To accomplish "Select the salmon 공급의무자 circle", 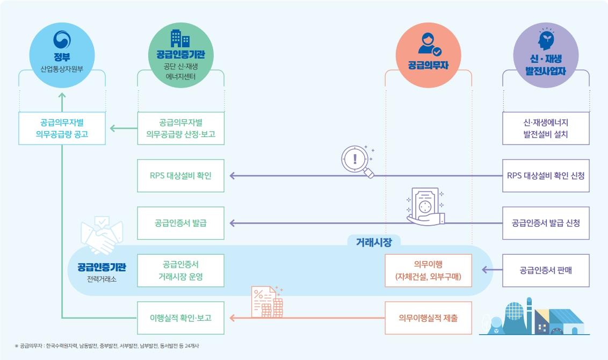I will point(428,56).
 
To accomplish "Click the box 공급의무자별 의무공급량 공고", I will point(62,128).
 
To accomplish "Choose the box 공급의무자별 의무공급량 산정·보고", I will point(180,128).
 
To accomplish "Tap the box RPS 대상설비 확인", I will point(180,175).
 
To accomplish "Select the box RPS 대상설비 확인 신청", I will point(546,175).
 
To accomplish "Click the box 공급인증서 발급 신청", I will point(546,222).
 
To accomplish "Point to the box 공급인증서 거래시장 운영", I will point(180,270).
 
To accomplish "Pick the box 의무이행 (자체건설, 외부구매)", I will point(428,270).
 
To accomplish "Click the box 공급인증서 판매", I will point(546,270).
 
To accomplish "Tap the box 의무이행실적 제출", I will point(428,318).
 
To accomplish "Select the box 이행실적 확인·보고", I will point(180,318).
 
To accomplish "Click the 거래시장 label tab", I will point(374,242).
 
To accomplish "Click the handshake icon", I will point(102,235).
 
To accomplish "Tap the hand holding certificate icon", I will point(425,206).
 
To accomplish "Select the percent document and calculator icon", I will point(267,302).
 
